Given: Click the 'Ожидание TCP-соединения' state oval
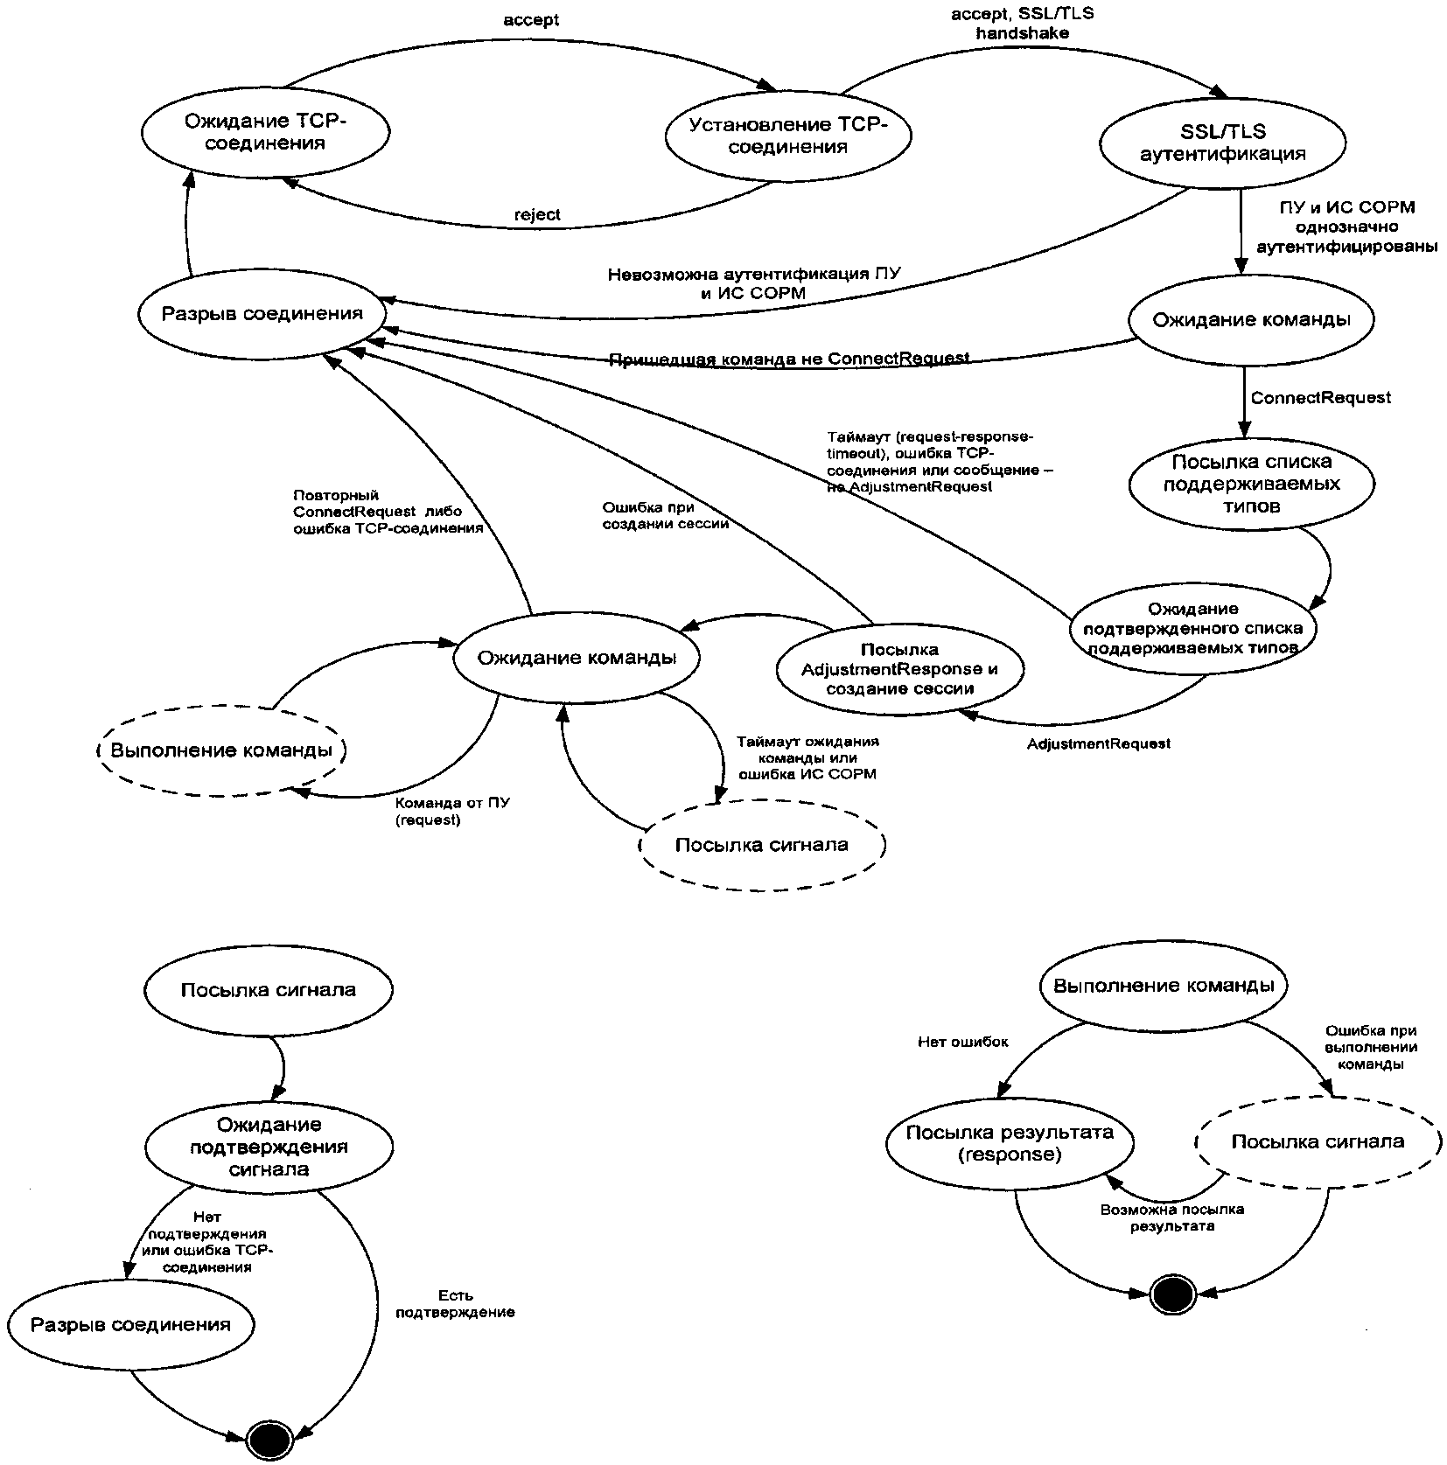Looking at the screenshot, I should [265, 132].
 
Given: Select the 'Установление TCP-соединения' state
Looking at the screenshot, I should [787, 136].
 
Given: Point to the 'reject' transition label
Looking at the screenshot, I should [537, 214].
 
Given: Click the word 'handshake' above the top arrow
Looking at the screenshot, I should [1022, 33].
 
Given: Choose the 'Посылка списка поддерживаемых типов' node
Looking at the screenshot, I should [1251, 484].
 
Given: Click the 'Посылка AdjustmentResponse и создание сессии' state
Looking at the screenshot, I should [899, 669].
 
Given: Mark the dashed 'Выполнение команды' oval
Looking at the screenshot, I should [220, 750].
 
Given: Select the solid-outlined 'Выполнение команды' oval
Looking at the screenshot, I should [1163, 986].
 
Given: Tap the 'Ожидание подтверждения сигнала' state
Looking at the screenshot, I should [269, 1147].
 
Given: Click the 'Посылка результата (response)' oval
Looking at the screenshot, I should [1010, 1143].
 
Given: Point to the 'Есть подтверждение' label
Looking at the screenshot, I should [454, 1304].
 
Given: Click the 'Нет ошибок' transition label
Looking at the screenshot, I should [962, 1042].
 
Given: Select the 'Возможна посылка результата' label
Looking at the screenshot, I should [1171, 1217].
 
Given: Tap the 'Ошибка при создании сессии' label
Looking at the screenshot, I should [665, 515].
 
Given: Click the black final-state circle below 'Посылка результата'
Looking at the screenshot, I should [1171, 1294].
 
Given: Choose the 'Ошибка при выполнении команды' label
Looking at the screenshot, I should [1370, 1047].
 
